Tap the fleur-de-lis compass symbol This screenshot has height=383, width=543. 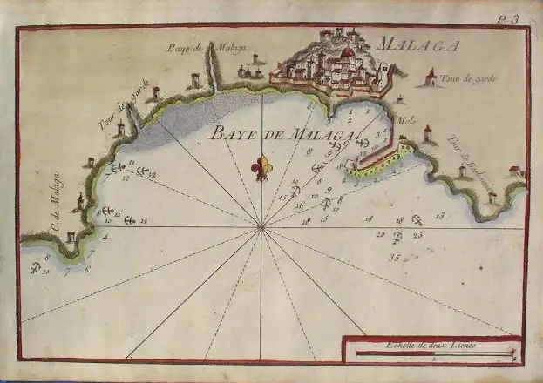coord(261,167)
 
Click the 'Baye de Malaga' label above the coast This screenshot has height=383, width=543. coord(195,48)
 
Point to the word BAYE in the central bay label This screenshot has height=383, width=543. coord(228,133)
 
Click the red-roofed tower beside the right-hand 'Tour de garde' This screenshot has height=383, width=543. coord(429,79)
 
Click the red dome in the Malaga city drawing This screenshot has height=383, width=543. coord(348,53)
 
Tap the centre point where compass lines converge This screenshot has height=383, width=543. coord(261,228)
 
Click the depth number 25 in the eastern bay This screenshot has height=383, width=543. coord(418,234)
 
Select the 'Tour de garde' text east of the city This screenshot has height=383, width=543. coord(469,79)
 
